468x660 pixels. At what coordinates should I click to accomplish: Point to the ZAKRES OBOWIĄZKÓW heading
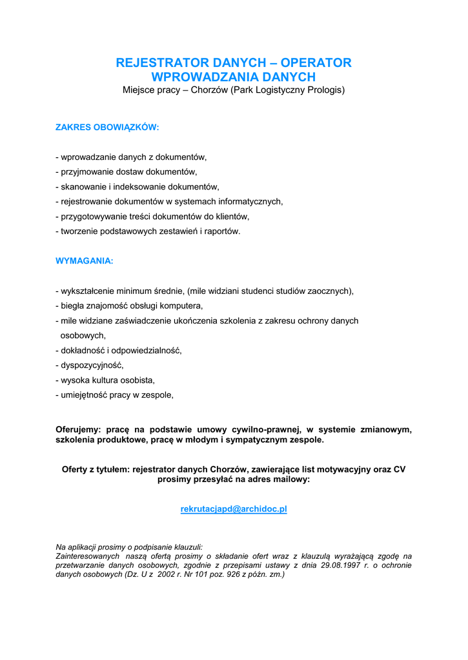pyautogui.click(x=107, y=128)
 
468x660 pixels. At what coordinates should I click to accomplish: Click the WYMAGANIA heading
pyautogui.click(x=85, y=261)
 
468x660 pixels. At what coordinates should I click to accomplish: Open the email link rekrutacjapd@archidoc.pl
pyautogui.click(x=234, y=509)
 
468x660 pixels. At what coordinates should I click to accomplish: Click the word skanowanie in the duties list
pyautogui.click(x=83, y=187)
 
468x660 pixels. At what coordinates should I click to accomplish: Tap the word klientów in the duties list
pyautogui.click(x=231, y=217)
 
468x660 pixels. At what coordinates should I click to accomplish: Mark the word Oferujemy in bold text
pyautogui.click(x=78, y=429)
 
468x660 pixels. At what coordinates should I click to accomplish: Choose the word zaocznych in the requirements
pyautogui.click(x=331, y=291)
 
